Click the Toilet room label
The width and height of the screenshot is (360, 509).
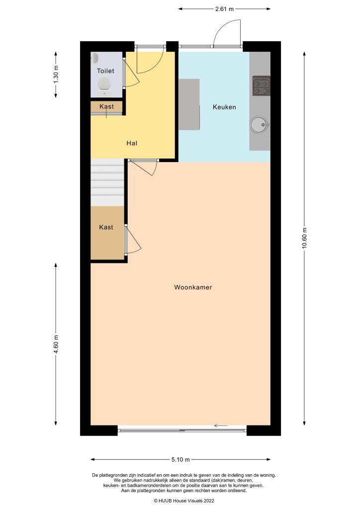pos(105,71)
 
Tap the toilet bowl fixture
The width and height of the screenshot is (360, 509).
pos(104,85)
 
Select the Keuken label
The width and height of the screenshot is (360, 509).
pos(224,107)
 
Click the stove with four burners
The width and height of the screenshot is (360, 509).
pos(261,85)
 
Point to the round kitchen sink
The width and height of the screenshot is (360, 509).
pos(259,125)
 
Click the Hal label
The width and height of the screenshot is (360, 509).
pos(132,143)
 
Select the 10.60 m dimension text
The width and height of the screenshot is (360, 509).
pos(304,240)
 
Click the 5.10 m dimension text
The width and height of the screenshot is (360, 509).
pos(180,460)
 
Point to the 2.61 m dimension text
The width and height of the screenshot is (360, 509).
pos(225,9)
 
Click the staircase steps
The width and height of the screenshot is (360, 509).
pos(107,181)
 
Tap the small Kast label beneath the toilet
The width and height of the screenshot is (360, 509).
pos(106,107)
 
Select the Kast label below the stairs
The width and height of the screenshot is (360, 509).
pos(106,227)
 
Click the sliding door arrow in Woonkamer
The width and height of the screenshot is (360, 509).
pos(220,425)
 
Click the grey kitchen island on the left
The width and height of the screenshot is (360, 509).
pos(189,104)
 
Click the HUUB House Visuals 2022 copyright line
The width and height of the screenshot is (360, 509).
pos(183,500)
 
